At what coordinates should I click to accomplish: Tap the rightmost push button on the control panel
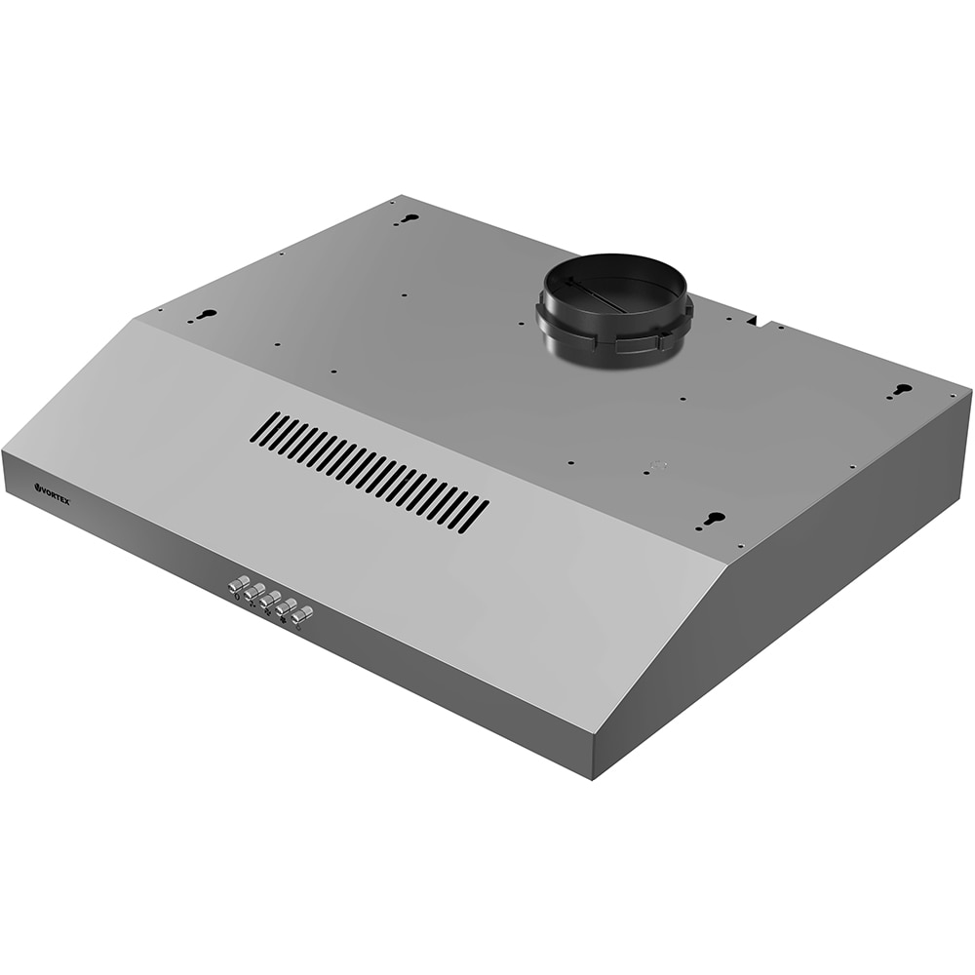point(303,614)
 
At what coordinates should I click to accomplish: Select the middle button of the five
point(269,599)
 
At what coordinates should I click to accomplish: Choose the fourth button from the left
point(286,606)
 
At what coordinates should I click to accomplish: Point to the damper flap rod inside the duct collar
point(598,298)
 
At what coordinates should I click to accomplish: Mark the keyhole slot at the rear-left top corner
point(409,218)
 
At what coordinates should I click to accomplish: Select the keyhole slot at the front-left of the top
point(208,315)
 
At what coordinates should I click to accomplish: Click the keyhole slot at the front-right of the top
point(716,518)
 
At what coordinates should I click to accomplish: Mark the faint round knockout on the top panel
point(659,465)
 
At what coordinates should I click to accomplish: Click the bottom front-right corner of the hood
point(592,777)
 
